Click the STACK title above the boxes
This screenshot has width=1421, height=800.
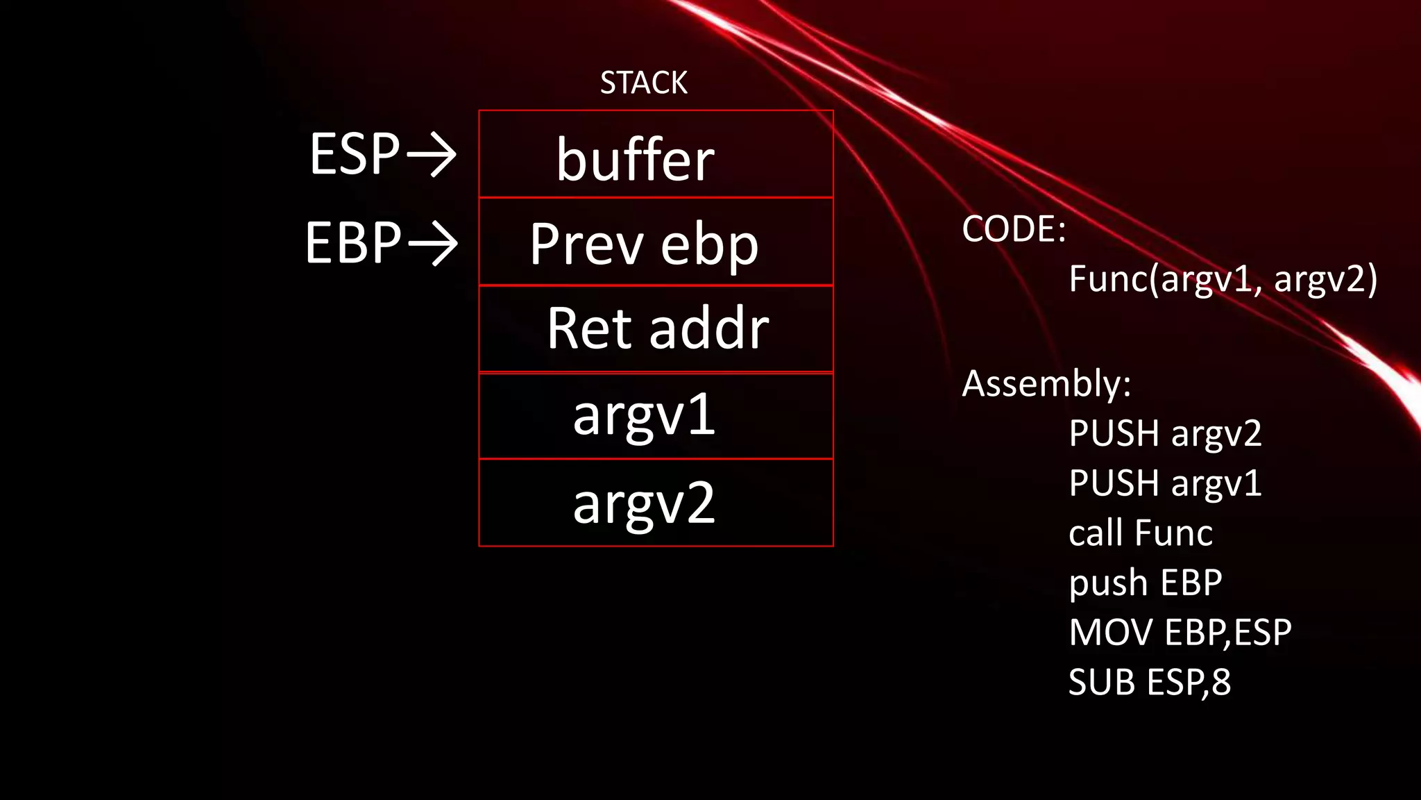[643, 83]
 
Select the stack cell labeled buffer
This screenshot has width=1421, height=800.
[656, 155]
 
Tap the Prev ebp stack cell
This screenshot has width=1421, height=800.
[656, 242]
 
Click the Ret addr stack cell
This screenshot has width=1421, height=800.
[656, 329]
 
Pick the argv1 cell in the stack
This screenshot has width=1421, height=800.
[656, 416]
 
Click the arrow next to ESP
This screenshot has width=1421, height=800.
[432, 154]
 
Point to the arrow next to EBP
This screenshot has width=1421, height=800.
[433, 243]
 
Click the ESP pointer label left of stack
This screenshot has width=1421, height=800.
[355, 154]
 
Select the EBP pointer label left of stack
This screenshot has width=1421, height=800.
[353, 243]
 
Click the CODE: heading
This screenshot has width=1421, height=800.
[1014, 228]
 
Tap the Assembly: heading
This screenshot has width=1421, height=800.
[1046, 383]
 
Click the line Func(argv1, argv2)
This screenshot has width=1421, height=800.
[1223, 279]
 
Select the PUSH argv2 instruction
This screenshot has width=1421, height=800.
[1165, 433]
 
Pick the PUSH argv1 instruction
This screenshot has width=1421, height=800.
[1165, 483]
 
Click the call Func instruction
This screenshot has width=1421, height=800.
[1141, 533]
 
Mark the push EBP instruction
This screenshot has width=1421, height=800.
[1146, 583]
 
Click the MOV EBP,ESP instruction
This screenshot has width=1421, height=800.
[1180, 633]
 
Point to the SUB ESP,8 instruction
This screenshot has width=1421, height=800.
[1149, 682]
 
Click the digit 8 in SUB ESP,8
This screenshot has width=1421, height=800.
[1221, 682]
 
